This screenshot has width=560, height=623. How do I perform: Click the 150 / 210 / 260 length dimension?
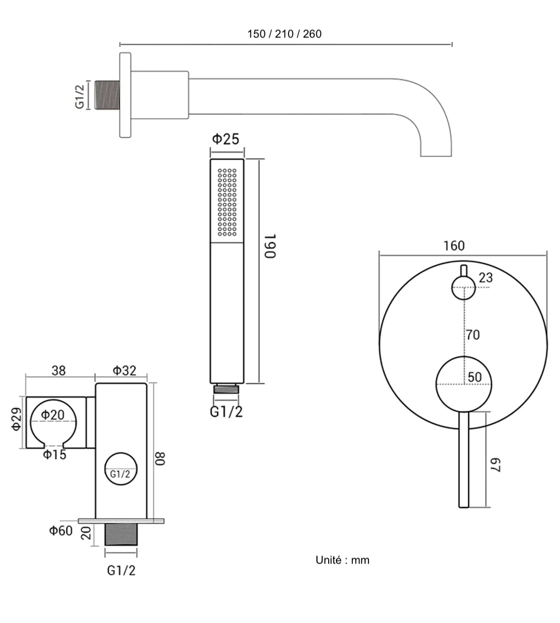pyautogui.click(x=284, y=34)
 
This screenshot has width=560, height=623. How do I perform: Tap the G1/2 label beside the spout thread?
pyautogui.click(x=81, y=95)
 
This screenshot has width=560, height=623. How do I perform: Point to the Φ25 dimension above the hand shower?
pyautogui.click(x=227, y=139)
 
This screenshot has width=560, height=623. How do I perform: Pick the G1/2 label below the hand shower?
pyautogui.click(x=226, y=412)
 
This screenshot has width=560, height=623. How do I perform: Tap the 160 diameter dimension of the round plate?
pyautogui.click(x=453, y=245)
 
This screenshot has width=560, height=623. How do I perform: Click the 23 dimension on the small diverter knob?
pyautogui.click(x=486, y=278)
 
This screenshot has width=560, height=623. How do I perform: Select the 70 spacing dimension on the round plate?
pyautogui.click(x=473, y=335)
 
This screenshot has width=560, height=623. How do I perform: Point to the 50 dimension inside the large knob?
pyautogui.click(x=474, y=377)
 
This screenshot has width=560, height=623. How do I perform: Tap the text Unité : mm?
pyautogui.click(x=342, y=560)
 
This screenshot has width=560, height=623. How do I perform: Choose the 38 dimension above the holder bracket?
pyautogui.click(x=58, y=370)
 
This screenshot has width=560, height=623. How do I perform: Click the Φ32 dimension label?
pyautogui.click(x=124, y=370)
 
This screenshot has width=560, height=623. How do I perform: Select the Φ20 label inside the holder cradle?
pyautogui.click(x=52, y=415)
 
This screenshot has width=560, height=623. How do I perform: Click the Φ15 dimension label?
pyautogui.click(x=55, y=454)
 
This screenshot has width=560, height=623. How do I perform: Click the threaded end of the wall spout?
pyautogui.click(x=108, y=95)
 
